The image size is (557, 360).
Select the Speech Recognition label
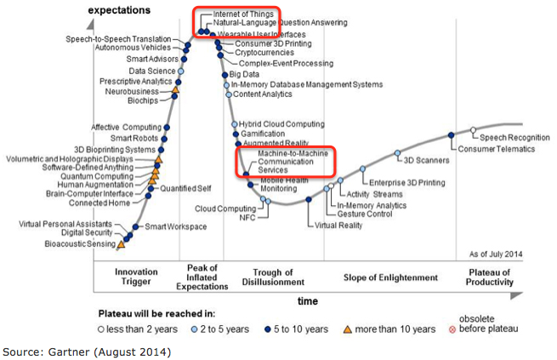tap(514, 137)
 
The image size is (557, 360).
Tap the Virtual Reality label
tap(338, 226)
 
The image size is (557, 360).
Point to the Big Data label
tap(245, 75)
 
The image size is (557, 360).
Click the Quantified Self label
tap(186, 188)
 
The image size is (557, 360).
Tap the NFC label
tap(247, 217)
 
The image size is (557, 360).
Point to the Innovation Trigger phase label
tap(137, 277)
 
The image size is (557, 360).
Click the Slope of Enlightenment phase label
tap(390, 277)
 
